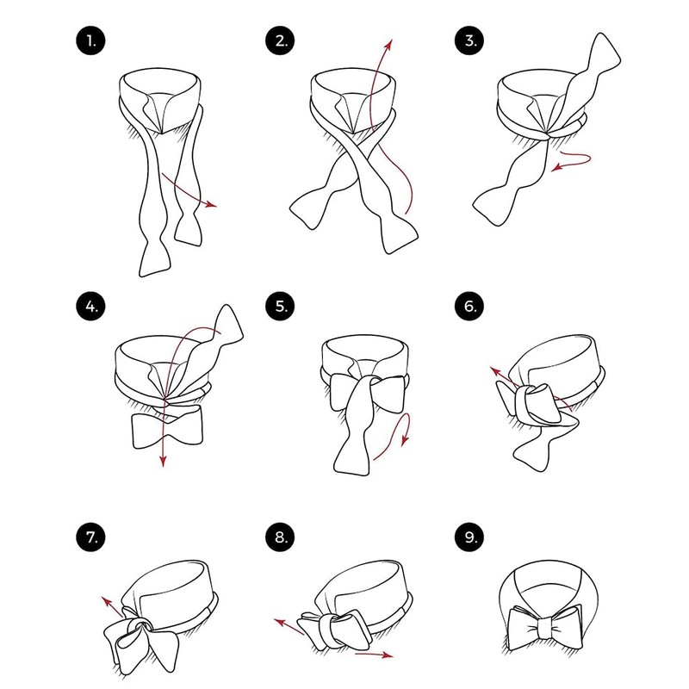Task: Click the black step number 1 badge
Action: pyautogui.click(x=90, y=40)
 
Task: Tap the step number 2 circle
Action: pyautogui.click(x=280, y=40)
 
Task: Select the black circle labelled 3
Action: pyautogui.click(x=469, y=40)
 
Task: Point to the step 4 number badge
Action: pyautogui.click(x=90, y=307)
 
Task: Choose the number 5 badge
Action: pyautogui.click(x=280, y=307)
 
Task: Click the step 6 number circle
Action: pyautogui.click(x=469, y=307)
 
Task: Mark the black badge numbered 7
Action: pyautogui.click(x=90, y=537)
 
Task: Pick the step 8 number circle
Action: pyautogui.click(x=280, y=537)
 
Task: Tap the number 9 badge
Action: pyautogui.click(x=469, y=537)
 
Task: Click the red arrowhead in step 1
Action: pyautogui.click(x=212, y=204)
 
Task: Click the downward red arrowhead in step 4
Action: pyautogui.click(x=163, y=461)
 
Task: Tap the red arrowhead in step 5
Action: pyautogui.click(x=405, y=440)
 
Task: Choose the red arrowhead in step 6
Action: pyautogui.click(x=495, y=372)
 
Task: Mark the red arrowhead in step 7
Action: pyautogui.click(x=106, y=600)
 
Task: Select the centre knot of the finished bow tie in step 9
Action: pyautogui.click(x=546, y=628)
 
